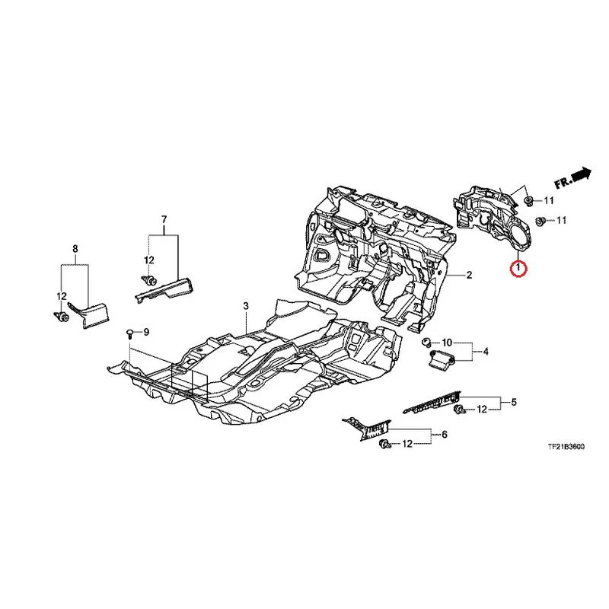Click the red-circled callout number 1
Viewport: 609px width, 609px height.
coord(518,268)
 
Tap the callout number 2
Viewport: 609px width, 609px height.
coord(469,276)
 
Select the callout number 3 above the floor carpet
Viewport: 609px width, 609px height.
coord(246,307)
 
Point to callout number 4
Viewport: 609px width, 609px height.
coord(486,352)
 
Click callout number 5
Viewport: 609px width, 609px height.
coord(514,402)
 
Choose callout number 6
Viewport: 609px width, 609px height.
coord(445,434)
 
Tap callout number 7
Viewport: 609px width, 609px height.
coord(164,220)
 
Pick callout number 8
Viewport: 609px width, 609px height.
coord(75,248)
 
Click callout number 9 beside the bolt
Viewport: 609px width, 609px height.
coord(146,332)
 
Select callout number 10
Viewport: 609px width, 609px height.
coord(447,343)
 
